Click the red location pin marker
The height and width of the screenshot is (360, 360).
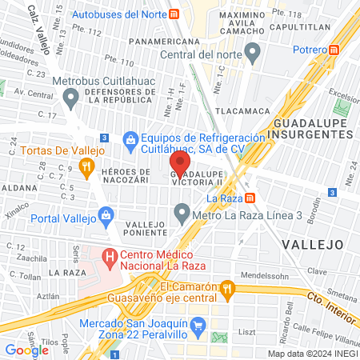180,166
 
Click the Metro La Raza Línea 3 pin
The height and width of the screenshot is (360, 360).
182,214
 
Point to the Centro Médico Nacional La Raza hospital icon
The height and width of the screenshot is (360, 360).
110,258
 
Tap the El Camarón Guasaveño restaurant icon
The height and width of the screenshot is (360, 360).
229,287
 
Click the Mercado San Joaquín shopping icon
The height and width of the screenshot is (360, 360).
199,325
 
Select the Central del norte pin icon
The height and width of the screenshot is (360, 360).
254,54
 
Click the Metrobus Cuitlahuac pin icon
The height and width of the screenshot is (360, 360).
70,98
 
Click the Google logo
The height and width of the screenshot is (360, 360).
26,350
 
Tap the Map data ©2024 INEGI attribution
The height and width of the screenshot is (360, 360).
311,353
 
